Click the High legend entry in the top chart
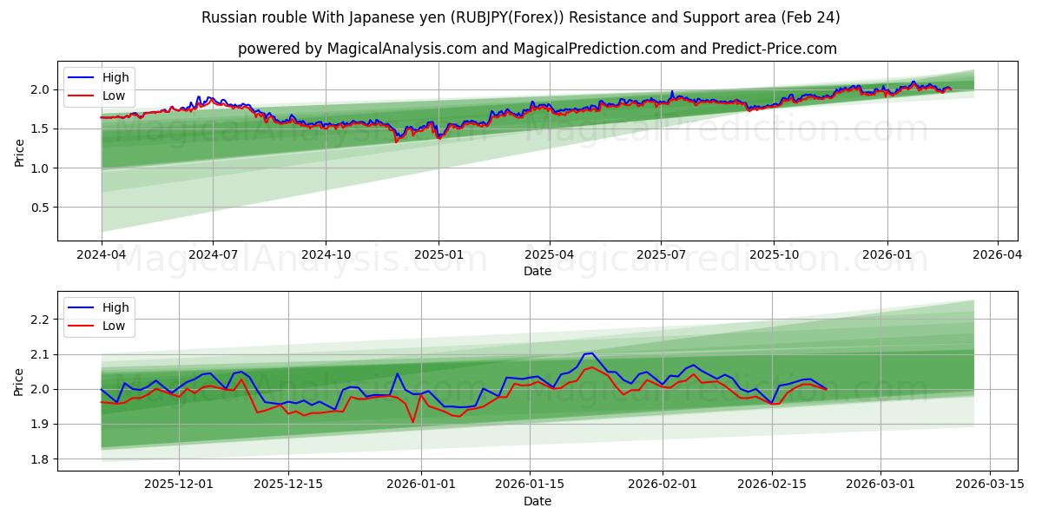[x=114, y=77]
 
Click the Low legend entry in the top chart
[x=114, y=96]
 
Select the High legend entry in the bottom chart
[x=114, y=307]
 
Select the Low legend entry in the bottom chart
[x=114, y=326]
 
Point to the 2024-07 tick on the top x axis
[x=214, y=255]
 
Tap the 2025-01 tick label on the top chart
[x=438, y=255]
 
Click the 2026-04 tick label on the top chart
[x=996, y=255]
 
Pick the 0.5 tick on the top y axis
[x=40, y=208]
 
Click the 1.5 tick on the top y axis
[x=40, y=129]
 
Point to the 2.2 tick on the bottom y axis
[x=40, y=320]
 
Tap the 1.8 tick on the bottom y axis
[x=40, y=459]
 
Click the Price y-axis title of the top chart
[x=19, y=151]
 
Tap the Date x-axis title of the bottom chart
[x=537, y=501]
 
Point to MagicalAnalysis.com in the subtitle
[x=401, y=49]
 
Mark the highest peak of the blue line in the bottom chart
[x=591, y=353]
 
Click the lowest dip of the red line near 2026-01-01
[x=412, y=422]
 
